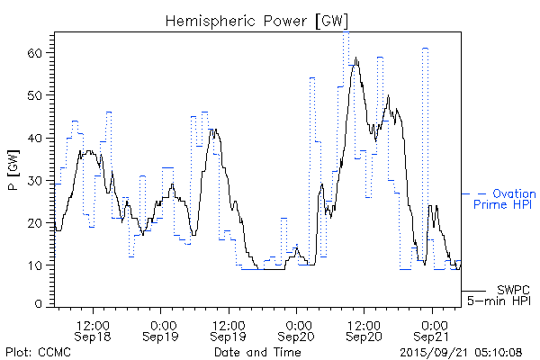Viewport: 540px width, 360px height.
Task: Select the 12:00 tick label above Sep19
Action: [229, 323]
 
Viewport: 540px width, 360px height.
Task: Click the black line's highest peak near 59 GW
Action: [356, 58]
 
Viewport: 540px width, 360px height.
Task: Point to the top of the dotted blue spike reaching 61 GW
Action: [424, 48]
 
